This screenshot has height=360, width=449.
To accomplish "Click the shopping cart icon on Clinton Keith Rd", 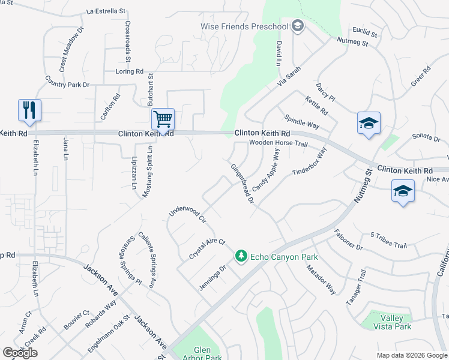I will click(x=163, y=119).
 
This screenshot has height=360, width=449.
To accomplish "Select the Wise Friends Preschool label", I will click(x=244, y=26).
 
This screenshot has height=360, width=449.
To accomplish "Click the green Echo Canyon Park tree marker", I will click(x=241, y=256).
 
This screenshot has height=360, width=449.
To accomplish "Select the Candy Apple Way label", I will click(x=266, y=171).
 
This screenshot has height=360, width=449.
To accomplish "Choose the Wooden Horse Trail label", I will click(x=278, y=144).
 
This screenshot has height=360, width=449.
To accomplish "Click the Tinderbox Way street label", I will click(x=309, y=161).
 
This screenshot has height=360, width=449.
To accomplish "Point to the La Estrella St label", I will click(x=106, y=11).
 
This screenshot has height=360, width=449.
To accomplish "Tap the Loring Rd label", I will click(x=130, y=71).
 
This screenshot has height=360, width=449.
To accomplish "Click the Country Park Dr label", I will click(x=67, y=81).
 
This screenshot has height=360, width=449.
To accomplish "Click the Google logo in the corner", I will click(x=20, y=353).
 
